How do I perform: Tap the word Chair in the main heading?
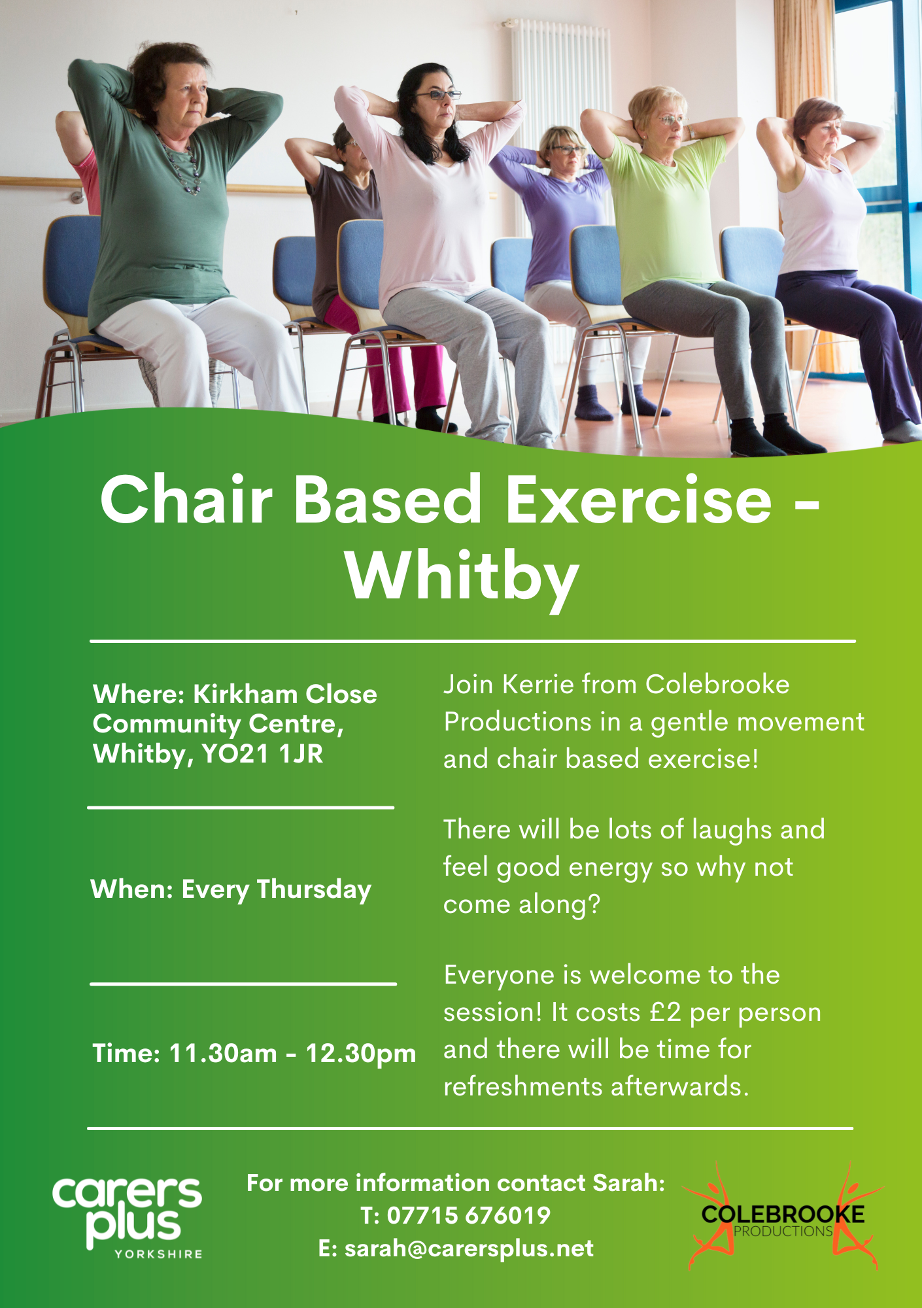click(x=186, y=499)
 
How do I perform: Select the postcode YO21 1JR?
click(x=263, y=754)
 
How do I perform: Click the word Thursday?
click(x=314, y=890)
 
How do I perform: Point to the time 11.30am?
click(x=223, y=1054)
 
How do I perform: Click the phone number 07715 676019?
click(x=469, y=1216)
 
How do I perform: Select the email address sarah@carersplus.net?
click(x=470, y=1248)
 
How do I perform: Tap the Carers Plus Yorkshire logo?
click(x=128, y=1216)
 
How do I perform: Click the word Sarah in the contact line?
click(x=628, y=1183)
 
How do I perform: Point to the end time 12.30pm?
click(x=361, y=1054)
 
